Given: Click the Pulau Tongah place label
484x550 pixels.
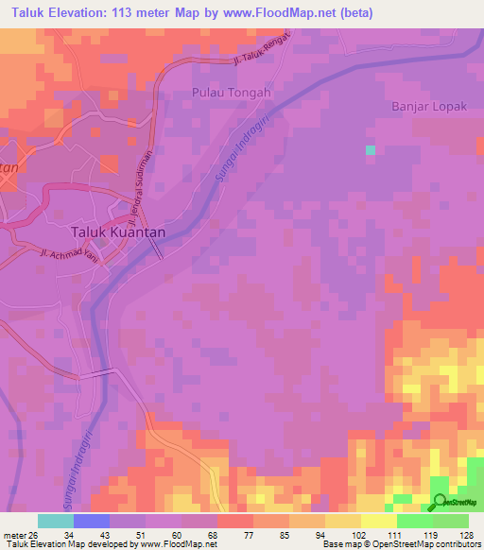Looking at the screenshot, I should (x=231, y=93).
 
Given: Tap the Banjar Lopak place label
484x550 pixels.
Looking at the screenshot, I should (x=429, y=107).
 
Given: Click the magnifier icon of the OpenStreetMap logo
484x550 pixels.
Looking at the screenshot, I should (x=440, y=502).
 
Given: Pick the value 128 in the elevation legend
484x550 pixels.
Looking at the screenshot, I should (x=467, y=534).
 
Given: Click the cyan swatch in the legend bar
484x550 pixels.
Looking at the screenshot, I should (x=56, y=521).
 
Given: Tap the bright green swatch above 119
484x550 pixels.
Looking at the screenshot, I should (x=415, y=521).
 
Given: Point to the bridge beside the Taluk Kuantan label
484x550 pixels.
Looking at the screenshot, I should (x=158, y=249).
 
